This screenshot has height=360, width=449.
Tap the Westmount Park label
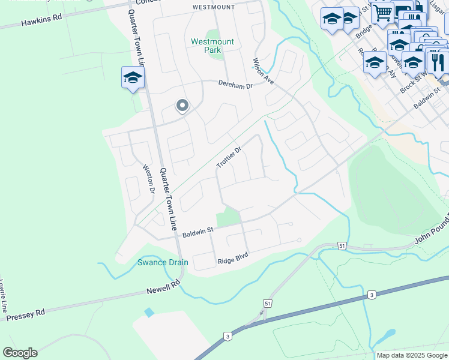[x=212, y=46]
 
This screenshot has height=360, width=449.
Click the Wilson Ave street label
[x=263, y=71]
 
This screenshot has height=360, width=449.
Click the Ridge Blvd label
[x=233, y=259]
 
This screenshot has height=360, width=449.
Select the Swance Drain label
[x=163, y=262]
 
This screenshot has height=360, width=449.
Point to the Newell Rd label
[x=163, y=287]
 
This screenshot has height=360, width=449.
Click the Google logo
[x=20, y=352]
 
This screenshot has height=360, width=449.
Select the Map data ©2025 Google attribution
[x=411, y=355]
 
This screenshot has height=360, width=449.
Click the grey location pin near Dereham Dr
[x=182, y=106]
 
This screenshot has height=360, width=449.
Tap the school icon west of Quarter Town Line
[x=133, y=77]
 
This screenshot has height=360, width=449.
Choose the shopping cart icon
[x=382, y=12]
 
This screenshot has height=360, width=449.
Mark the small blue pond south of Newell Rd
[x=149, y=313]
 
